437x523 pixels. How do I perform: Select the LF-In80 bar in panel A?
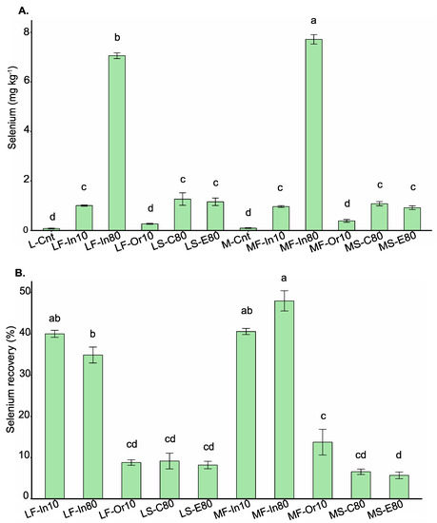coord(116,143)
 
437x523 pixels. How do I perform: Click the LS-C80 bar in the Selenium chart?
coord(182,214)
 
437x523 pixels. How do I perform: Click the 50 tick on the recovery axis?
coord(27,290)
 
